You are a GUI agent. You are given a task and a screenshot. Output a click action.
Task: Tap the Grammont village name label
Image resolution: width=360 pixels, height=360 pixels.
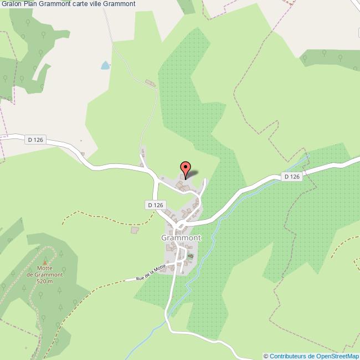[x=181, y=238]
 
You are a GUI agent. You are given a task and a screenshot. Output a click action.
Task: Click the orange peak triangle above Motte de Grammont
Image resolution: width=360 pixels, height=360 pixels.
[x=45, y=261]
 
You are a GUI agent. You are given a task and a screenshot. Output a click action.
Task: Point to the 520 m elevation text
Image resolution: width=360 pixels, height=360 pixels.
[x=45, y=281]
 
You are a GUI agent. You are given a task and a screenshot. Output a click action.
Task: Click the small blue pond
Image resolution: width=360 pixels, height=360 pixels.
[x=105, y=66]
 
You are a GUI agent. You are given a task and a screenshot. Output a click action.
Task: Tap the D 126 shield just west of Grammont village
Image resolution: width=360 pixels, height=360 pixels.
[x=156, y=205]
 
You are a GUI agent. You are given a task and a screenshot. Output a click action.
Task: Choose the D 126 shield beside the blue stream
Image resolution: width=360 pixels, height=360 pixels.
[x=291, y=177]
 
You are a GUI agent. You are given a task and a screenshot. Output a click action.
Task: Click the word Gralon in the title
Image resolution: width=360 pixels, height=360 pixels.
[x=11, y=4]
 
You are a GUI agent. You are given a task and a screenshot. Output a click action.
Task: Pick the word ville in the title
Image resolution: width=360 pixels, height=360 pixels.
[x=111, y=4]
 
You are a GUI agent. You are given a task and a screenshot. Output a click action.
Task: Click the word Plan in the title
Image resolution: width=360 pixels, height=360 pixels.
[x=30, y=4]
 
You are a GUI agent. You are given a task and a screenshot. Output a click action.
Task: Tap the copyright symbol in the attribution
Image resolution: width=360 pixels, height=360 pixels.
[x=266, y=356]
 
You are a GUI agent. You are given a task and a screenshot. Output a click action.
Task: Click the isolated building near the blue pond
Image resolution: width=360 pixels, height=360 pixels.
[x=150, y=84]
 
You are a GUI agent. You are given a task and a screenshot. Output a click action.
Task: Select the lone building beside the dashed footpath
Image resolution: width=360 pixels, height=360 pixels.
[x=133, y=229]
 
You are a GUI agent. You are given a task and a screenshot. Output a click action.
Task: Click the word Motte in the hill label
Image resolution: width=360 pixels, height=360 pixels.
[x=45, y=268]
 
